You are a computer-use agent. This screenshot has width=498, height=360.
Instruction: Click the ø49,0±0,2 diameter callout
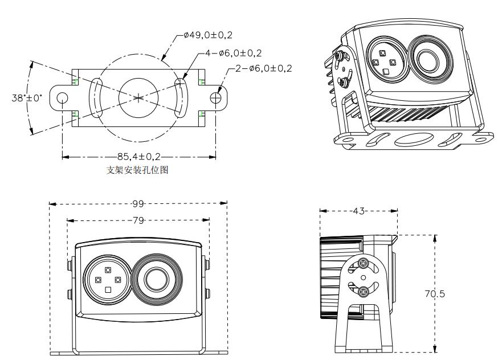pyautogui.click(x=209, y=35)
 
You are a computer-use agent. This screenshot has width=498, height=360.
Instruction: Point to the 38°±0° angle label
pyautogui.click(x=27, y=97)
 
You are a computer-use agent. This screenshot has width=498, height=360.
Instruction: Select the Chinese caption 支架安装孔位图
pyautogui.click(x=137, y=169)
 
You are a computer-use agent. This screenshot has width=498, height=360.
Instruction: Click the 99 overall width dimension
pyautogui.click(x=138, y=203)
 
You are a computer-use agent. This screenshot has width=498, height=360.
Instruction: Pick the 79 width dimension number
pyautogui.click(x=138, y=220)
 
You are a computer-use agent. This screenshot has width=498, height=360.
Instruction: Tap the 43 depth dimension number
pyautogui.click(x=358, y=211)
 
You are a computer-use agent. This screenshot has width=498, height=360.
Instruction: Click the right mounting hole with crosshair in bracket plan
pyautogui.click(x=215, y=98)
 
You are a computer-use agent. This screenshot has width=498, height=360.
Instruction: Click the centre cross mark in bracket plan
pyautogui.click(x=138, y=98)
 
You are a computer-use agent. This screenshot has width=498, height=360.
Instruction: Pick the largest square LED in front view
pyautogui.click(x=108, y=290)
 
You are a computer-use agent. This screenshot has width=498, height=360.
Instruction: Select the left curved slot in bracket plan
pyautogui.click(x=96, y=98)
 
